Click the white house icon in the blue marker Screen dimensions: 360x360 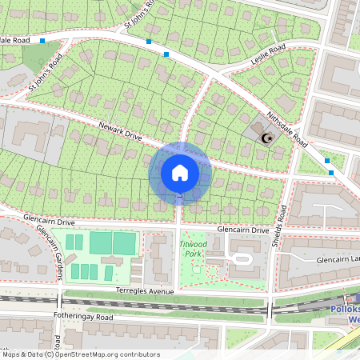point(180,173)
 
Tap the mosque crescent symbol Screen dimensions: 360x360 point(268,138)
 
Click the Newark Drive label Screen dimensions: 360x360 point(120,132)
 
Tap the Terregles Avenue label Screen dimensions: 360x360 point(144,291)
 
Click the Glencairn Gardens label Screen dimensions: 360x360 point(50,252)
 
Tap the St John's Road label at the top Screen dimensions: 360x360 point(138,19)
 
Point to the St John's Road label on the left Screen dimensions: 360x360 point(46,74)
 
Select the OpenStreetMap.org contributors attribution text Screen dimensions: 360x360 point(108,354)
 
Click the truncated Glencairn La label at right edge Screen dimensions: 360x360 point(338,260)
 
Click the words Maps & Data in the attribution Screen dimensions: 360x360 point(27,354)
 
